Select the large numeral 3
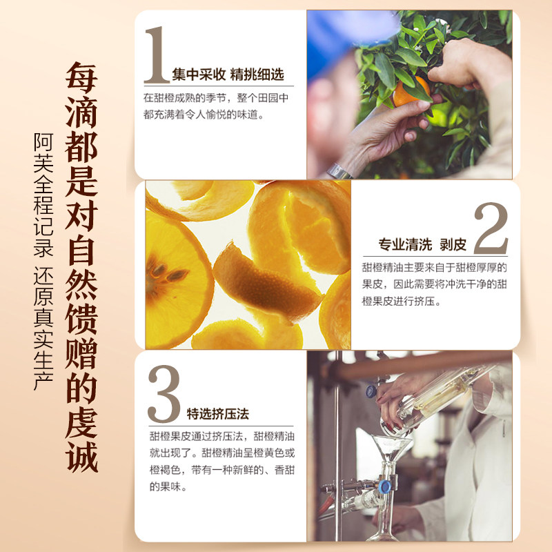(x=164, y=395)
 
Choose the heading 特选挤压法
(x=217, y=414)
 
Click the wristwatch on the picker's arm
(x=338, y=170)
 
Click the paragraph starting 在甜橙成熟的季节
(x=215, y=107)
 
